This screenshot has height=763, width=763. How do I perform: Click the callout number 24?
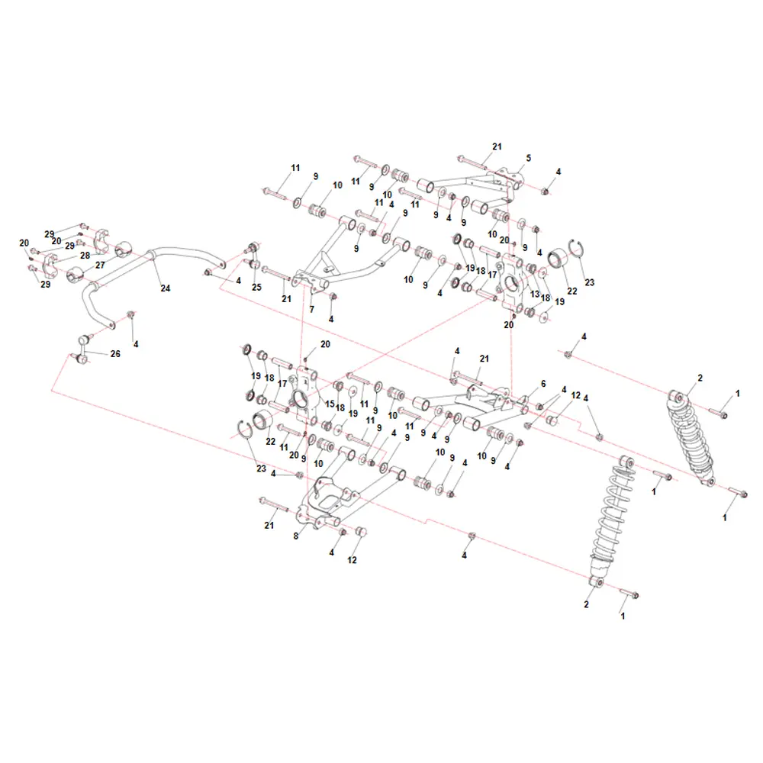pyautogui.click(x=166, y=288)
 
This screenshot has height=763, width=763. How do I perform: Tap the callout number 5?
pyautogui.click(x=529, y=158)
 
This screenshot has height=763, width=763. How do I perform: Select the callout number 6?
pyautogui.click(x=543, y=384)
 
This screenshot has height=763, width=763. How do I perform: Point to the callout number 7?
pyautogui.click(x=311, y=309)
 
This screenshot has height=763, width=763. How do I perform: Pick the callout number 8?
pyautogui.click(x=296, y=536)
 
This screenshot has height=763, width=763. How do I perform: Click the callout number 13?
pyautogui.click(x=535, y=294)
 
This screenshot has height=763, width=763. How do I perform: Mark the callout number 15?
pyautogui.click(x=330, y=404)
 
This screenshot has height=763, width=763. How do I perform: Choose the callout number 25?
pyautogui.click(x=256, y=287)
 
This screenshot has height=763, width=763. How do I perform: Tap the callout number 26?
pyautogui.click(x=115, y=354)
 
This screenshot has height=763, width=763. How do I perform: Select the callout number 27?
pyautogui.click(x=100, y=266)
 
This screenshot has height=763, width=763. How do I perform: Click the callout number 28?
pyautogui.click(x=85, y=256)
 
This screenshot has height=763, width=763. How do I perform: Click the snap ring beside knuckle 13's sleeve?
pyautogui.click(x=577, y=250)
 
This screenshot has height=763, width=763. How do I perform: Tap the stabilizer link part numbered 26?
pyautogui.click(x=83, y=349)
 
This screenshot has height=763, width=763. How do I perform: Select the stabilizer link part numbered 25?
pyautogui.click(x=254, y=256)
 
